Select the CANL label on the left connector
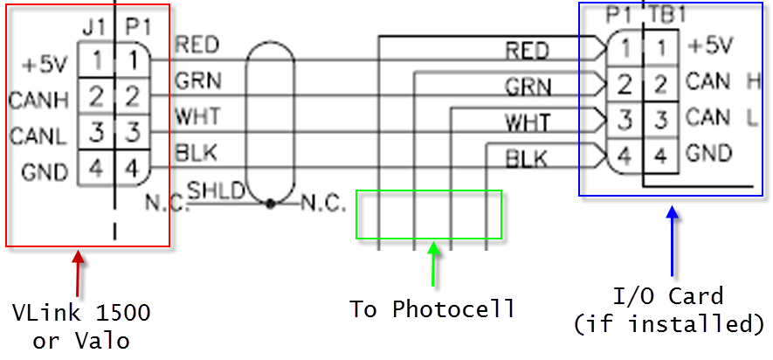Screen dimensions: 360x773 (x=33, y=135)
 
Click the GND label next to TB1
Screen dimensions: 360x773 (x=708, y=154)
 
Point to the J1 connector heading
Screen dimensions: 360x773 (x=93, y=28)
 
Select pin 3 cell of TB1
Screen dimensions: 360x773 (x=661, y=118)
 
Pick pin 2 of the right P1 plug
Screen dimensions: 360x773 (x=625, y=84)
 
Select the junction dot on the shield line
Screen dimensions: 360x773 (x=271, y=204)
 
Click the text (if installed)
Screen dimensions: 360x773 (x=669, y=324)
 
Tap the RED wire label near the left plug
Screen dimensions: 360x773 (x=197, y=44)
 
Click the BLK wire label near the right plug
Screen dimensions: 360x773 (x=526, y=158)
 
